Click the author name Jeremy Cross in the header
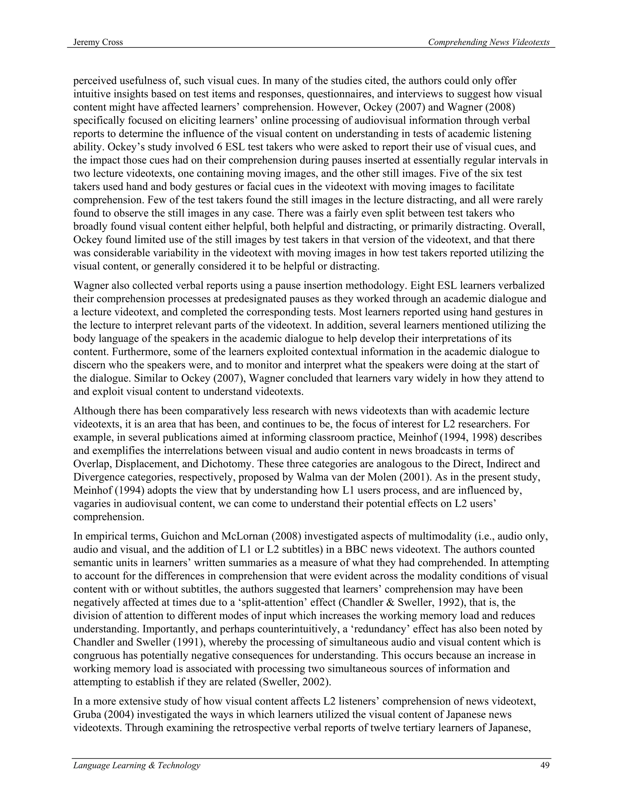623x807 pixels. [x=98, y=43]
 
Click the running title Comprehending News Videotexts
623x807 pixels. [x=489, y=43]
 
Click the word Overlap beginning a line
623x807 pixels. [x=89, y=464]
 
